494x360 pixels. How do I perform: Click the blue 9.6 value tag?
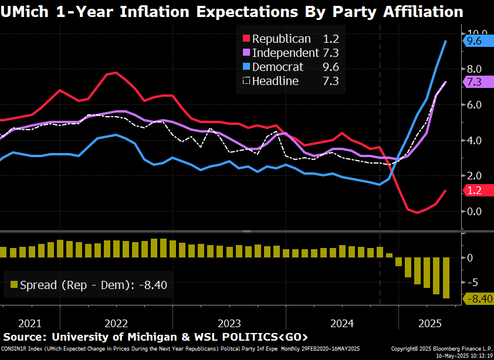point(473,41)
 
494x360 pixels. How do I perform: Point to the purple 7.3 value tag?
point(473,82)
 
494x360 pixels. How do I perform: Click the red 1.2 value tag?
point(473,190)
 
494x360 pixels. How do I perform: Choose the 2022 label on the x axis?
point(116,323)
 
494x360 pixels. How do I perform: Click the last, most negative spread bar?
point(446,278)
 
